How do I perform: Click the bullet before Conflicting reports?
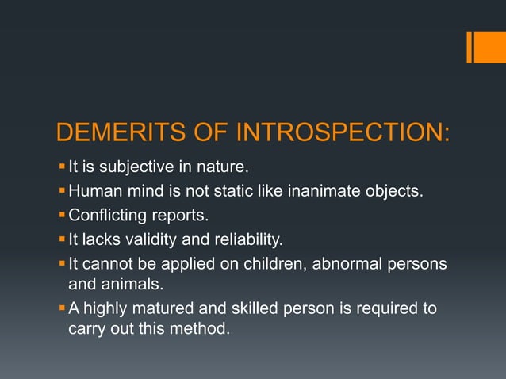click(63, 215)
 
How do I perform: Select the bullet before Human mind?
click(63, 191)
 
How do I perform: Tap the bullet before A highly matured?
click(63, 308)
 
